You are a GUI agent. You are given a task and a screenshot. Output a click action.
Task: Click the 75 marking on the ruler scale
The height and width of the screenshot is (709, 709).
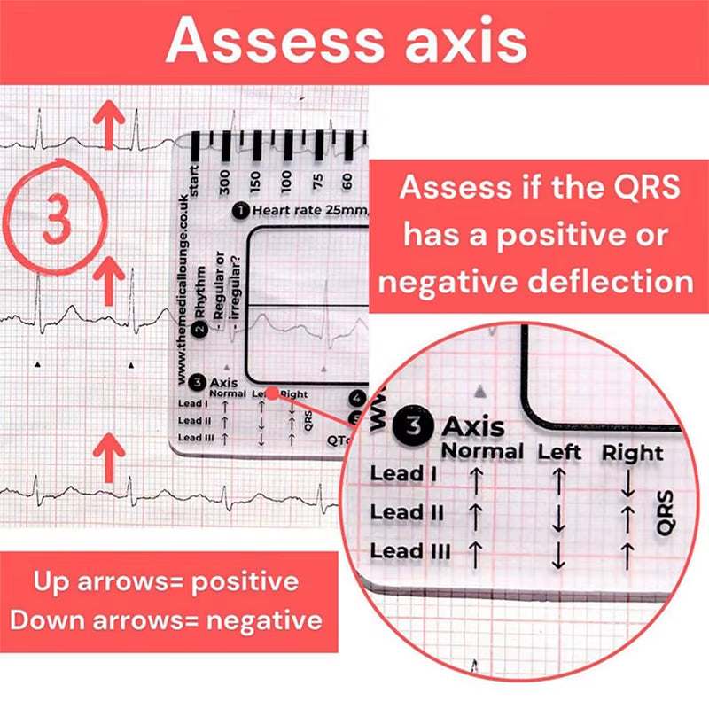(x=317, y=179)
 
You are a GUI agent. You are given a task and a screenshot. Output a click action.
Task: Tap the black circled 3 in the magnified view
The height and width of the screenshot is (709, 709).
(x=413, y=425)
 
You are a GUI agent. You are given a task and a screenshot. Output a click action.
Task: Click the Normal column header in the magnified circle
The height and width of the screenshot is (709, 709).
(x=483, y=450)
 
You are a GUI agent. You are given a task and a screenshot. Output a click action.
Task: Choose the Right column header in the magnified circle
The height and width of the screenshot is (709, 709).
(x=632, y=452)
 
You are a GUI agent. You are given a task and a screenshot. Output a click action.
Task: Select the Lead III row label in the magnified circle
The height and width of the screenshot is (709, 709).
(x=409, y=551)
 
